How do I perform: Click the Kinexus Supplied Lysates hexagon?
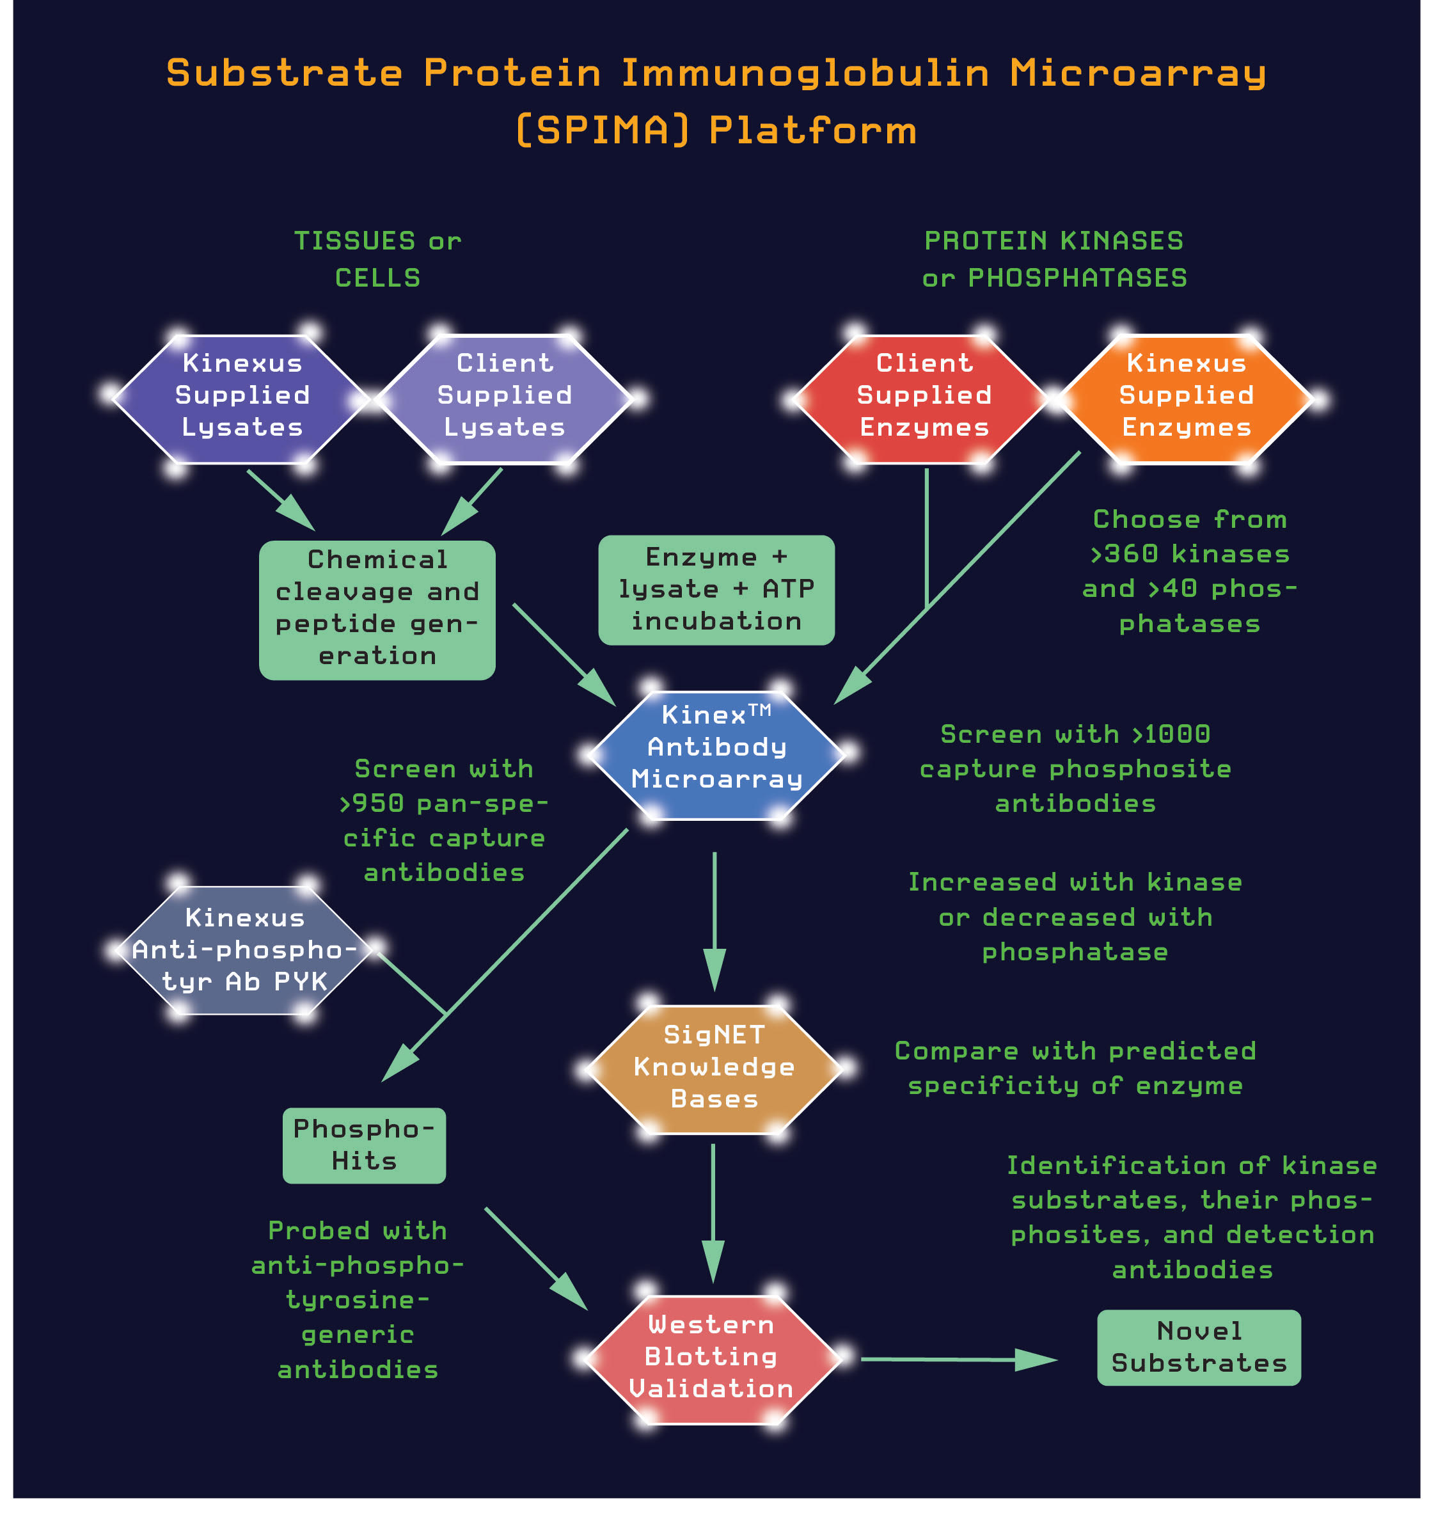(241, 399)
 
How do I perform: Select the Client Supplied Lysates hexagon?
(503, 399)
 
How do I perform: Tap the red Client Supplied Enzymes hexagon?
(923, 399)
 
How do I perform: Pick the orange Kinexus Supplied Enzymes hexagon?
(1186, 399)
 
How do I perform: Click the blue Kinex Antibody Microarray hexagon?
(716, 755)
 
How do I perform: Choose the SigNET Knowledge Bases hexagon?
(714, 1069)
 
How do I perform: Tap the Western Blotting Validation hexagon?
(711, 1360)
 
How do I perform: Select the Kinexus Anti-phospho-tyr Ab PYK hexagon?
(244, 949)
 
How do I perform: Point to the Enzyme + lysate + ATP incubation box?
(716, 590)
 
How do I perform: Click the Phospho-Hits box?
(363, 1146)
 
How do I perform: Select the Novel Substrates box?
(1198, 1348)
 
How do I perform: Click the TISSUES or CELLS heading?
(377, 258)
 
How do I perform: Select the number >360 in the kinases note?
(1124, 553)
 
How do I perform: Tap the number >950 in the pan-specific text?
(372, 803)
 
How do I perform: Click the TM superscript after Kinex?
(759, 710)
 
